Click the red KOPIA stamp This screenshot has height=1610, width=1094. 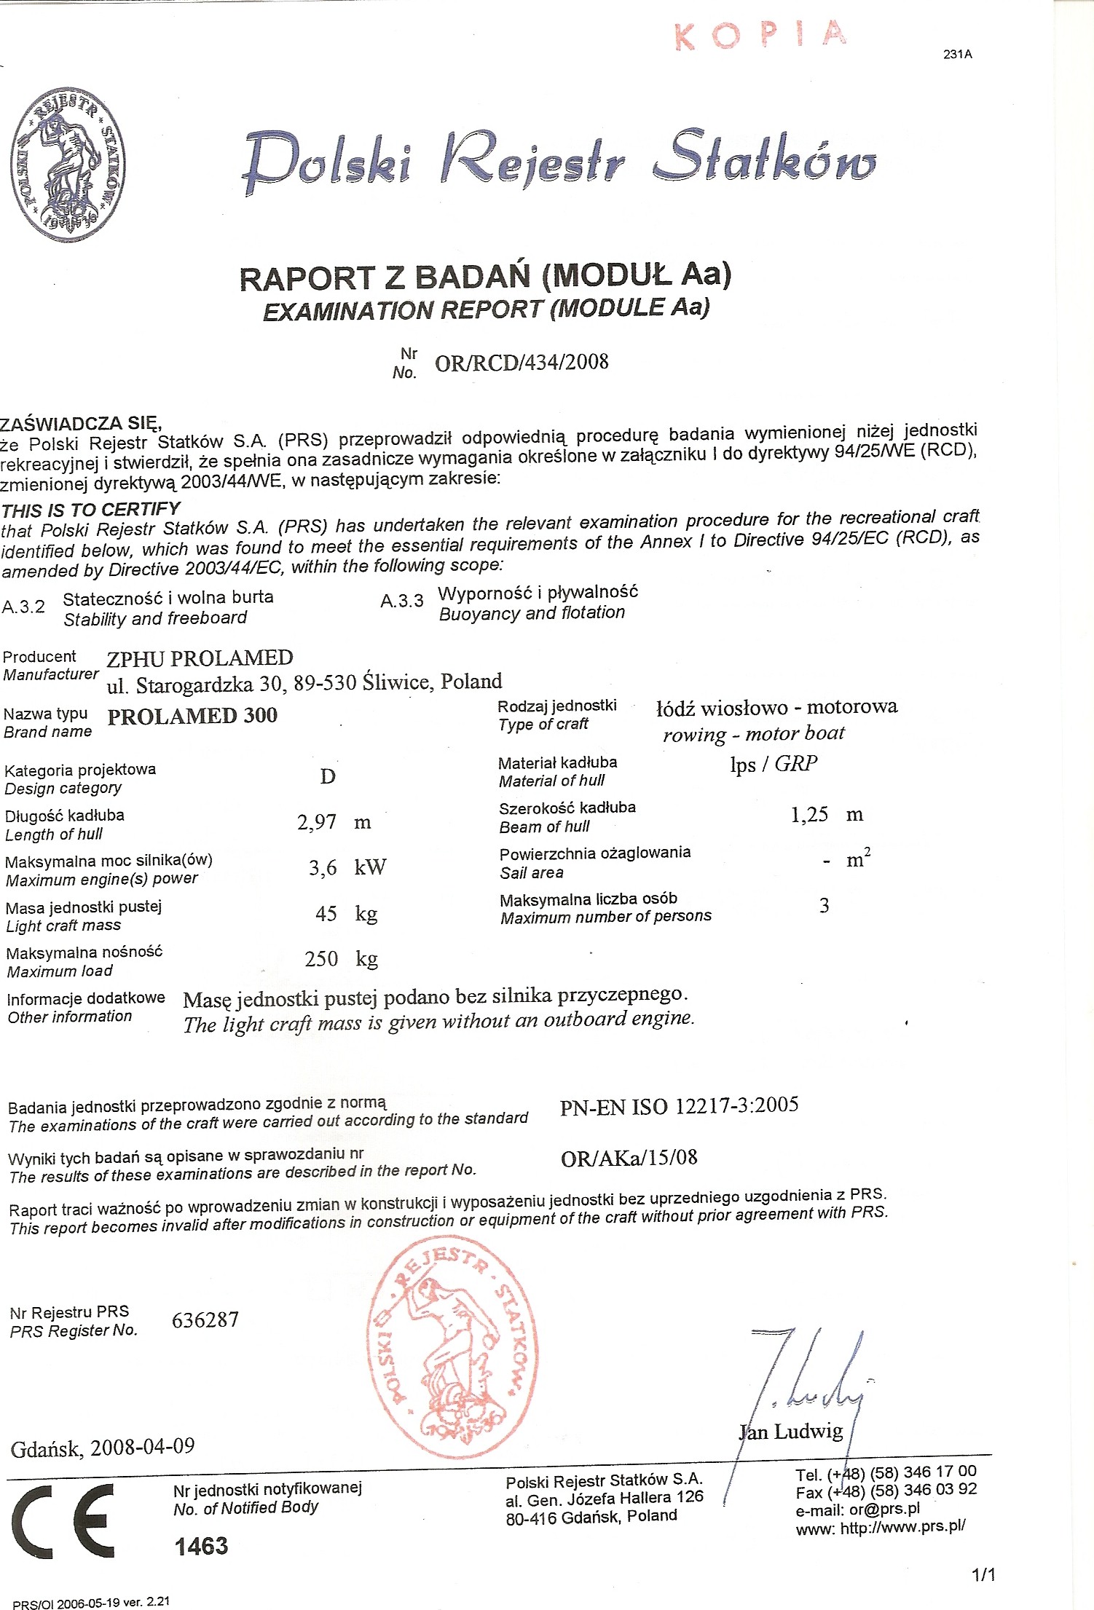coord(760,35)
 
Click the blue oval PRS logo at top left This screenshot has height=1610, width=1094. coord(68,165)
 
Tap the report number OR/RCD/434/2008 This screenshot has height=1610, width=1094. coord(522,363)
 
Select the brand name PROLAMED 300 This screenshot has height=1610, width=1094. coord(192,716)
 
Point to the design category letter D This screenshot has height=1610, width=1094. coord(328,776)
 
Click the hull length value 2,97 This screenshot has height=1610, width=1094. coord(317,822)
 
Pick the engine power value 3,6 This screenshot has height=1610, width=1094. coord(323,867)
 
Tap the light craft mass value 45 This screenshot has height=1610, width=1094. coord(326,913)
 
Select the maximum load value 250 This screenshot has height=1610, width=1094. coord(321,958)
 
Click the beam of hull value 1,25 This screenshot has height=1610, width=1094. coord(809,814)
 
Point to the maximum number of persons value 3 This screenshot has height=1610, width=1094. coord(824,905)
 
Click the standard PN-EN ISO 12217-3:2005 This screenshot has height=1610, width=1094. coord(679,1106)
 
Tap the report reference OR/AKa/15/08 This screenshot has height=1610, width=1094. coord(629,1158)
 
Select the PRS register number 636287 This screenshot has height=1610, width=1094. coord(205,1319)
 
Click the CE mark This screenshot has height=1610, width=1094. coord(64,1520)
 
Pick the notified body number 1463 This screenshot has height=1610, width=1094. coord(201,1546)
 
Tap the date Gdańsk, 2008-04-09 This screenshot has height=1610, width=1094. coord(103,1447)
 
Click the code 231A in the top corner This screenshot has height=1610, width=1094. coord(957,55)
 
